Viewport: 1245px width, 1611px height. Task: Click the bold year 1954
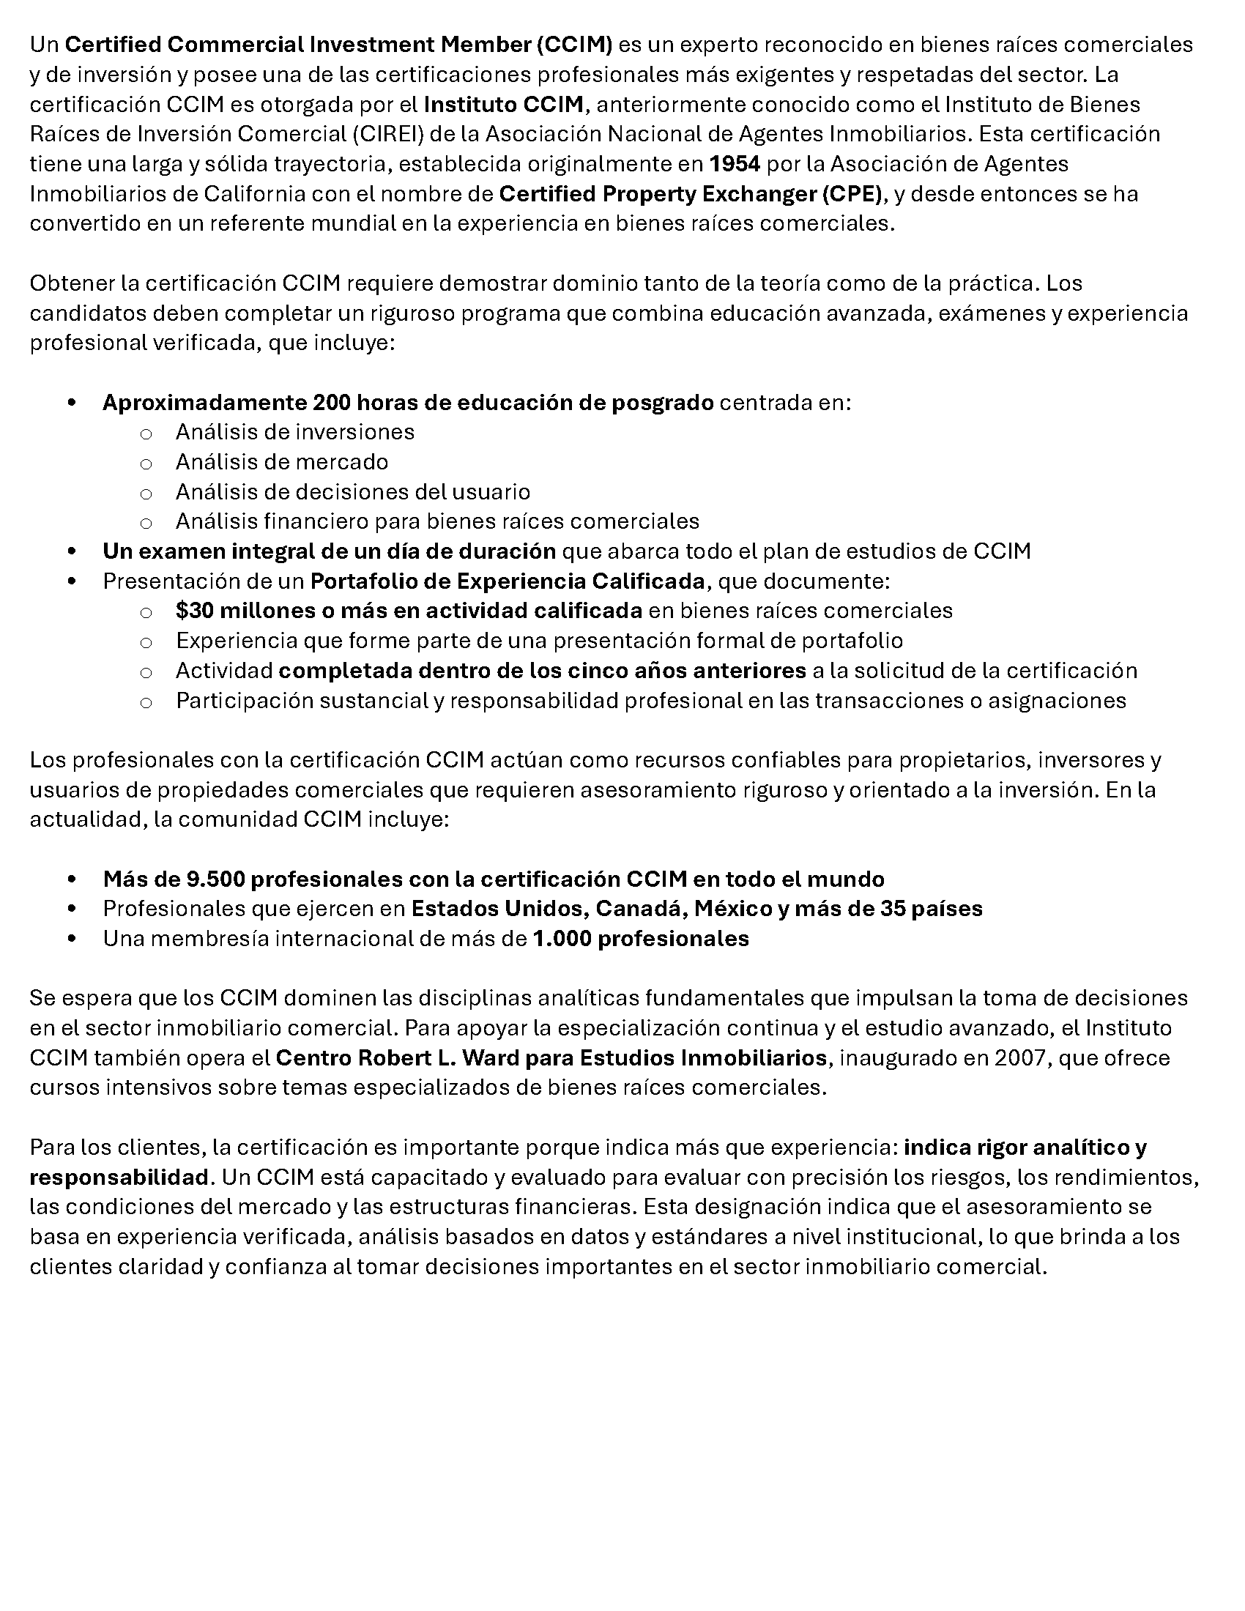[x=735, y=163]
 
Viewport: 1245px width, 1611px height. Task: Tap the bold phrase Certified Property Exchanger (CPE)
[x=691, y=193]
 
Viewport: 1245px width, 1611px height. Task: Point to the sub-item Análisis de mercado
[x=282, y=462]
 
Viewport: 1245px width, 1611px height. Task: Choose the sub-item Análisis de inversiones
[x=295, y=431]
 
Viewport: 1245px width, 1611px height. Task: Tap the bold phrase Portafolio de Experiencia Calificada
[x=508, y=581]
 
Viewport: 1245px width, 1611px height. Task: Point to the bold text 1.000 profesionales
[x=640, y=938]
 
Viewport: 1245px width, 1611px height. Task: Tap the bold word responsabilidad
[x=119, y=1177]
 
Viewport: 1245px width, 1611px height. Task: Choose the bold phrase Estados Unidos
[x=499, y=908]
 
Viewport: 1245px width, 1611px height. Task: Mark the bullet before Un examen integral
[x=72, y=551]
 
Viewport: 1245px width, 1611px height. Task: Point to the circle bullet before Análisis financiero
[x=146, y=523]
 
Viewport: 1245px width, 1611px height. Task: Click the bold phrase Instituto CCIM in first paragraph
[x=504, y=104]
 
